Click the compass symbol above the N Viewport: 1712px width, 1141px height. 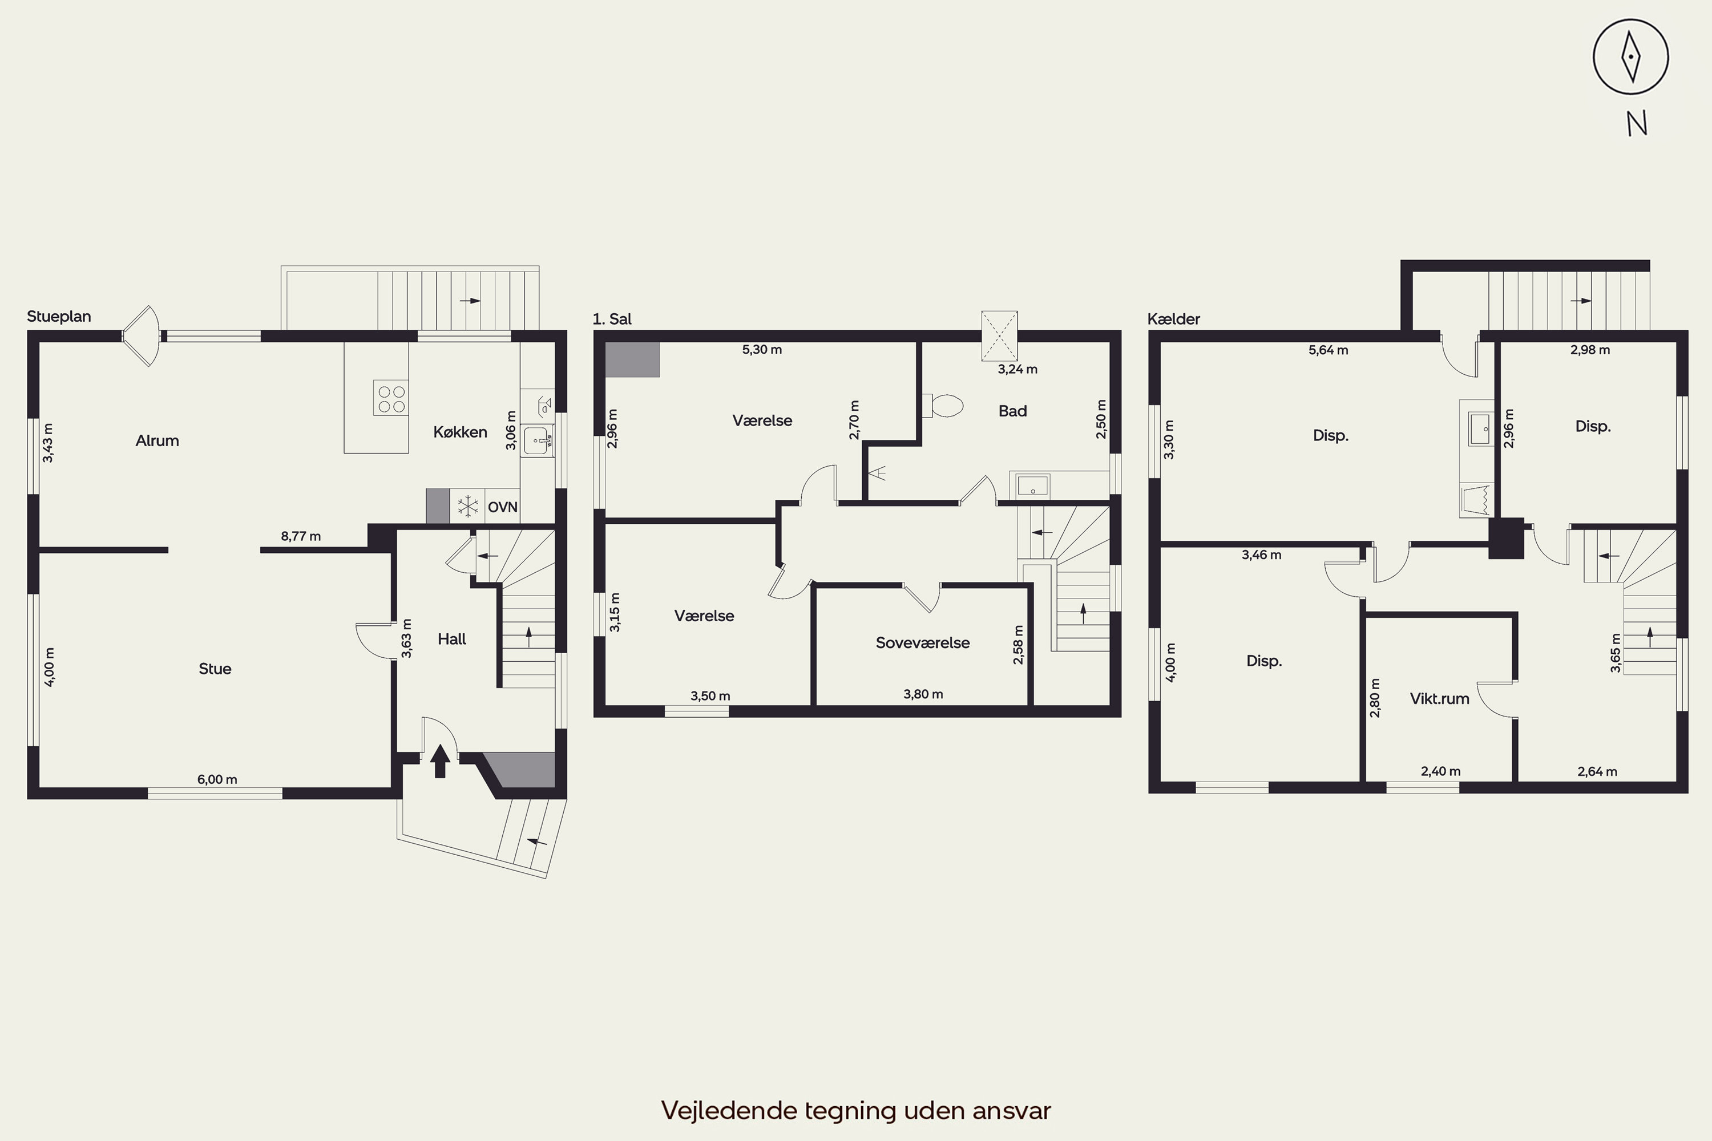point(1630,56)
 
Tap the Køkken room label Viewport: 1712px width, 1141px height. point(460,432)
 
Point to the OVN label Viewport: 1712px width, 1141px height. point(502,507)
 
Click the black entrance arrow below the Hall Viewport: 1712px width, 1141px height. point(439,761)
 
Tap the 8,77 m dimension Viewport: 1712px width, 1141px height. point(301,536)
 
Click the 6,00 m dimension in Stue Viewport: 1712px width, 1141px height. point(217,779)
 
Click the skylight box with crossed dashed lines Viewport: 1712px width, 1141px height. point(999,336)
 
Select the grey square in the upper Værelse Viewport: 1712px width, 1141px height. point(632,359)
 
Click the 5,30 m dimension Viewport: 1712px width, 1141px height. point(762,349)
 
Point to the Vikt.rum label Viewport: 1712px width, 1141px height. point(1439,698)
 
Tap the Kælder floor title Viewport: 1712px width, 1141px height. point(1173,319)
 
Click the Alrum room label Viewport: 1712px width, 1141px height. point(158,440)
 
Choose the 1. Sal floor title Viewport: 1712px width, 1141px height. point(612,319)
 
